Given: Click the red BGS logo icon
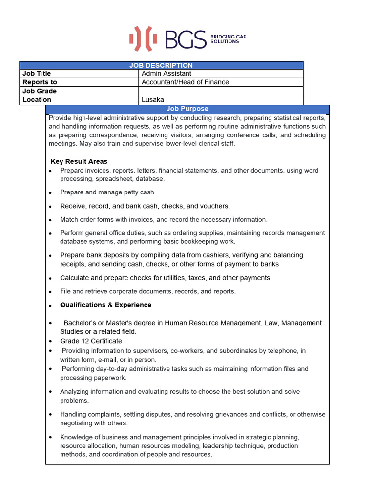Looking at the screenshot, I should coord(143,39).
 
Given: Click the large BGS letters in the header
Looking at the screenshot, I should coord(186,39).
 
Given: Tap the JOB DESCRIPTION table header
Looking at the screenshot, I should coord(161,65).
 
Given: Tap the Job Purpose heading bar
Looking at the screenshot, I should coord(187,109).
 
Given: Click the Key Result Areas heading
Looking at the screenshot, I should coord(79,161).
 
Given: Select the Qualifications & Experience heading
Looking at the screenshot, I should coord(105,305).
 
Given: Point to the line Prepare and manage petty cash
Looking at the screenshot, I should coord(107,192).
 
